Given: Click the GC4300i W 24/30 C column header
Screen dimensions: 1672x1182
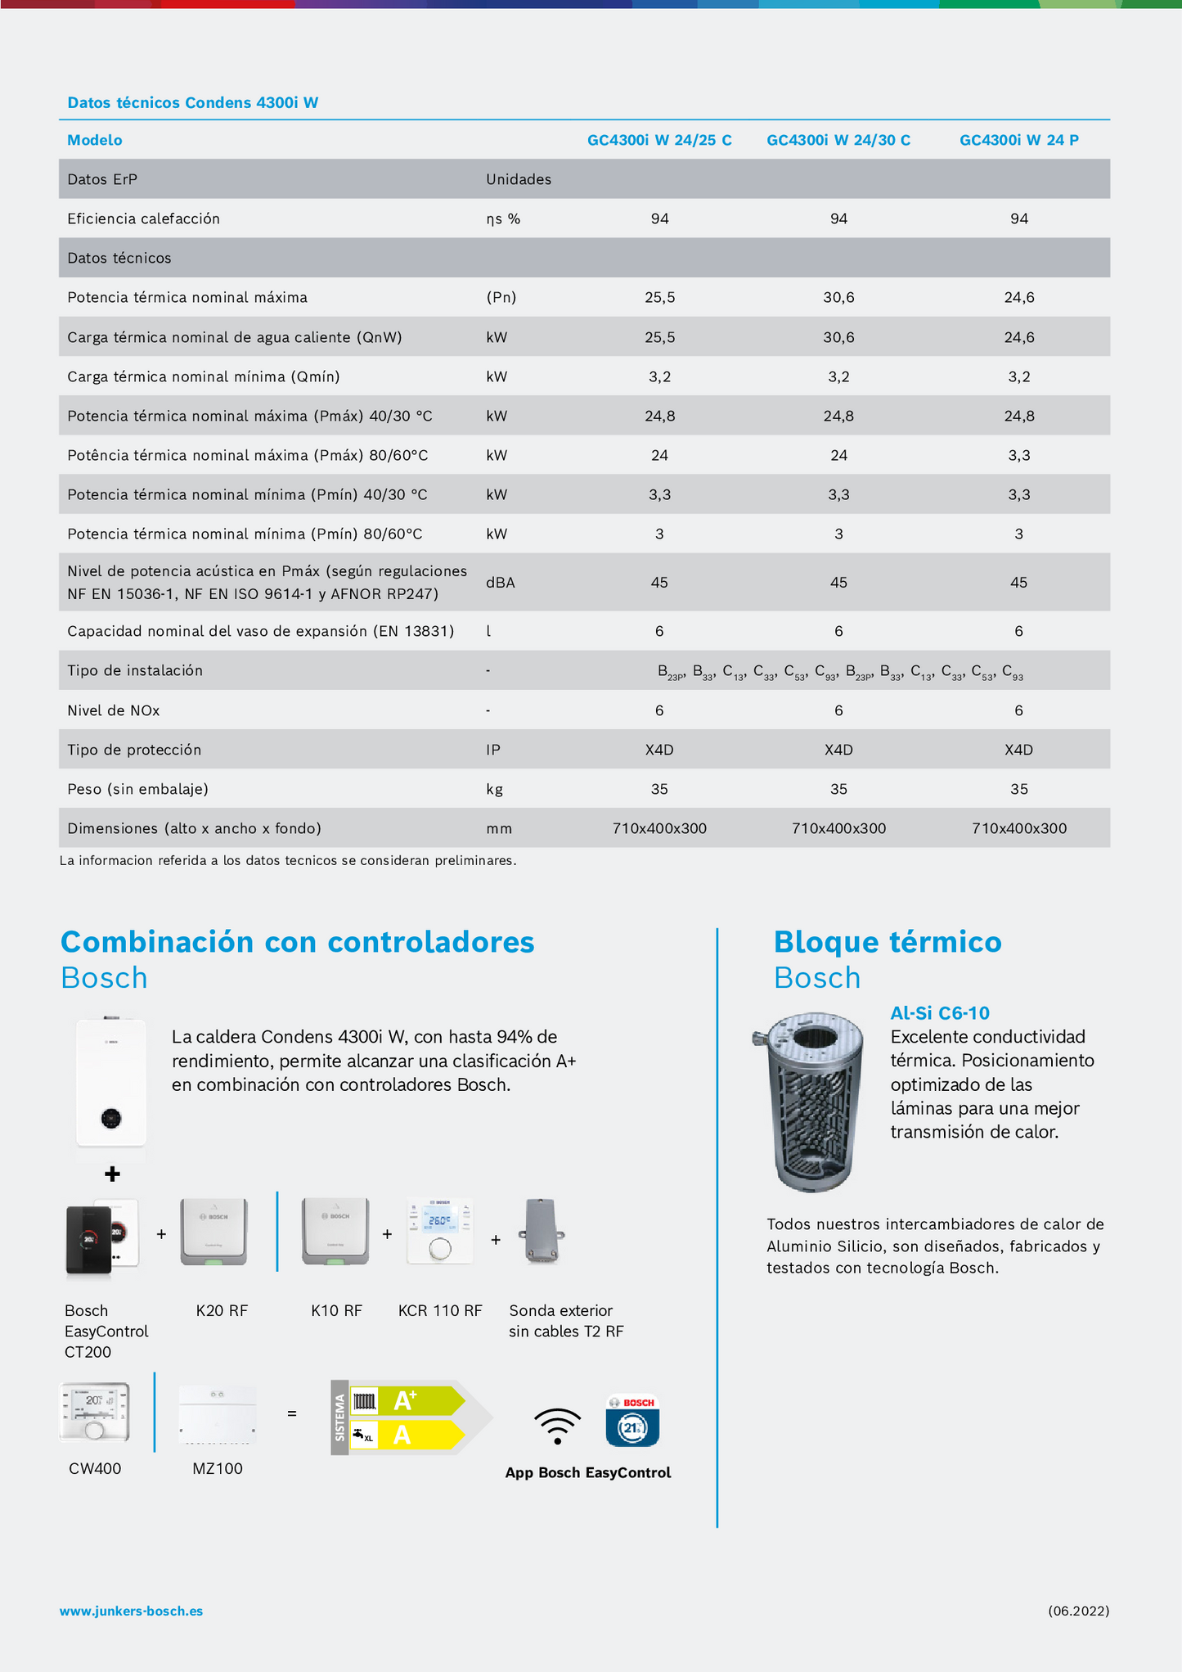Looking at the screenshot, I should click(x=838, y=140).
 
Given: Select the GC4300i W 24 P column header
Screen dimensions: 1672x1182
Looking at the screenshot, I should click(x=1018, y=140).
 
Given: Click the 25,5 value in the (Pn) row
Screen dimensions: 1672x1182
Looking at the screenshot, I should click(x=659, y=297).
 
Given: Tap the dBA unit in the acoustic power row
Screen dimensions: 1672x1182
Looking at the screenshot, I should click(x=500, y=583).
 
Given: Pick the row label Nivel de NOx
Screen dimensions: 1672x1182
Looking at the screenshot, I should click(x=114, y=710).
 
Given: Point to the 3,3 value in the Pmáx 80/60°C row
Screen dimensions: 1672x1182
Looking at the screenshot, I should click(x=1018, y=455).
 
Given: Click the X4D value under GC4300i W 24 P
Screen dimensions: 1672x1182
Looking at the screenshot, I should click(x=1018, y=750).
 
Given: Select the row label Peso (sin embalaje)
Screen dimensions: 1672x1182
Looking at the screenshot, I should click(x=137, y=789).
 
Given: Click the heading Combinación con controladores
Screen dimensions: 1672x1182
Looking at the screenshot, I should click(x=297, y=942).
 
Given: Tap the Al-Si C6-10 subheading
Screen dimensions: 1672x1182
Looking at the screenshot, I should click(x=939, y=1013).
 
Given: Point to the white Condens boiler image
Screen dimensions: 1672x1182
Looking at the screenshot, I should click(x=111, y=1082).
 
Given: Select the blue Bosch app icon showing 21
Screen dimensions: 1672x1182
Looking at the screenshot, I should click(x=632, y=1422).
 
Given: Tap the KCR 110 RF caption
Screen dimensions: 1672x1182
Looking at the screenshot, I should click(x=440, y=1310).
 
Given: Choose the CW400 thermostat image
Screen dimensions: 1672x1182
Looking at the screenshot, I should click(x=94, y=1412).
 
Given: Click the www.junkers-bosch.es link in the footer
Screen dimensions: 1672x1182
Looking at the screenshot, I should click(x=131, y=1611).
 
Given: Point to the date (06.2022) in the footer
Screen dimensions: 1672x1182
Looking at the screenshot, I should click(x=1078, y=1611).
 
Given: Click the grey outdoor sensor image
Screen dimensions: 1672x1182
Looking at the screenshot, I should click(x=541, y=1232).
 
